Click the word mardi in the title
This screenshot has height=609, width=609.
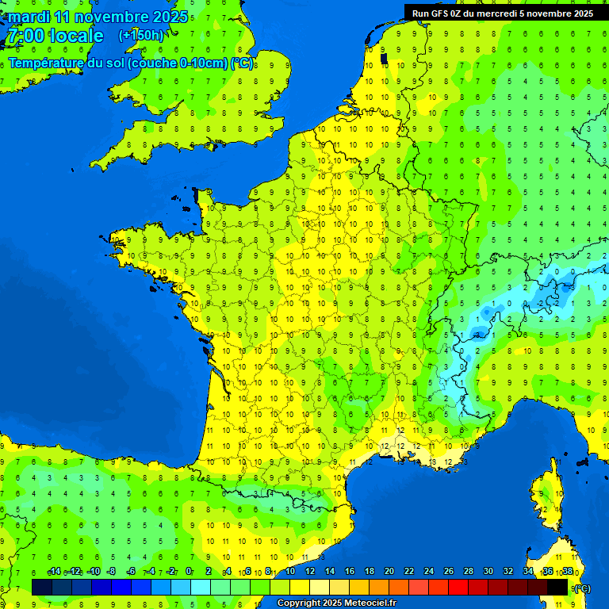click(x=29, y=17)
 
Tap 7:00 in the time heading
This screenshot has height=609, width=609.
click(x=25, y=36)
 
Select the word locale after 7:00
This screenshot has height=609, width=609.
click(x=75, y=36)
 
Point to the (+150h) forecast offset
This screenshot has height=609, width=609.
click(x=141, y=36)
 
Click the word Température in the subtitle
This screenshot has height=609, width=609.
click(x=46, y=63)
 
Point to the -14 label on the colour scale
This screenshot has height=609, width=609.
click(x=54, y=572)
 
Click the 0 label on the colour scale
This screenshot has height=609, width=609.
click(x=189, y=572)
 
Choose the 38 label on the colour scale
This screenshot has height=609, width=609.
click(x=567, y=572)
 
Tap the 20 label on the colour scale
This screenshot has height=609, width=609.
click(x=389, y=572)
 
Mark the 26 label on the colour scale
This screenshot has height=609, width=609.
click(x=449, y=572)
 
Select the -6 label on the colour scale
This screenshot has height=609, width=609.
click(x=131, y=572)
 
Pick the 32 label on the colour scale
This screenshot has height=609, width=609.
click(x=508, y=572)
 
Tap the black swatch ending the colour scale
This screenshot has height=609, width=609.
click(x=557, y=587)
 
